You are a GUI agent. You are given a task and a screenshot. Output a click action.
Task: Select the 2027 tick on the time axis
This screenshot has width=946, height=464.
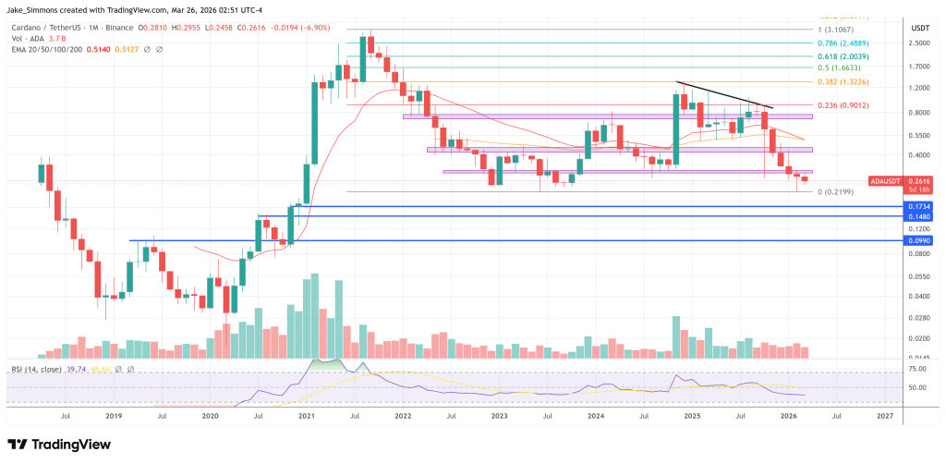(x=884, y=417)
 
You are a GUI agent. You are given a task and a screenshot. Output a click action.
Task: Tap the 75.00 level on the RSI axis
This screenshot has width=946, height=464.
(x=918, y=369)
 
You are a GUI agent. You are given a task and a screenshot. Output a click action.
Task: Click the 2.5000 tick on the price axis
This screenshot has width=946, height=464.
(x=918, y=43)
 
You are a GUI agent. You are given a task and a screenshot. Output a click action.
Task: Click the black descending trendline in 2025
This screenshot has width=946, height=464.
(x=725, y=95)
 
